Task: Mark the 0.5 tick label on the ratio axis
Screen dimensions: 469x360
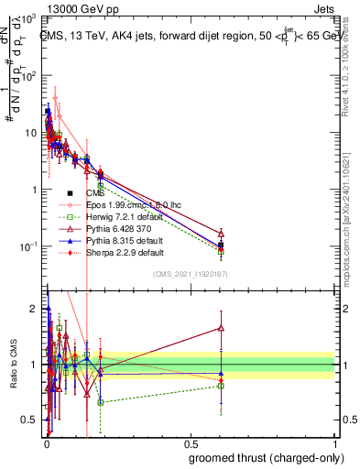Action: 29,420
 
